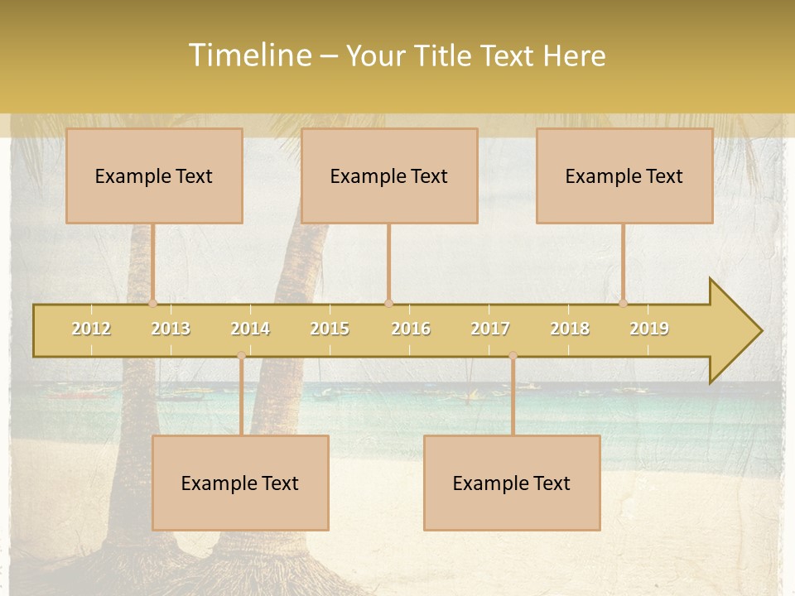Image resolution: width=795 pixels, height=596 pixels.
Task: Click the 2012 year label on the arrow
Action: (x=91, y=329)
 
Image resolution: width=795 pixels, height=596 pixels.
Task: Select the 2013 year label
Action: (x=171, y=329)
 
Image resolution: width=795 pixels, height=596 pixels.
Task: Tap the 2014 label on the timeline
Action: (x=250, y=329)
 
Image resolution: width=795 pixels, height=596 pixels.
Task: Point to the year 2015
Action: (x=330, y=329)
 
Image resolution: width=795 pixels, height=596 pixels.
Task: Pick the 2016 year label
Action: (x=411, y=329)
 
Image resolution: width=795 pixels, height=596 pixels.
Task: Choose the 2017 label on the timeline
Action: (x=490, y=329)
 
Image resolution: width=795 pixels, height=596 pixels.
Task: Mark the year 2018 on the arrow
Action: (x=570, y=329)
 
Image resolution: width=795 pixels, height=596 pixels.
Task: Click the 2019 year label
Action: (x=649, y=329)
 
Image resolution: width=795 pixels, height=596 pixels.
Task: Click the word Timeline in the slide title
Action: (x=249, y=55)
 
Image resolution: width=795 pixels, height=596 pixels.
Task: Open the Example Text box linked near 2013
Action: (x=154, y=175)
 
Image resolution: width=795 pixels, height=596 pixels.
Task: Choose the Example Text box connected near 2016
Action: (x=389, y=175)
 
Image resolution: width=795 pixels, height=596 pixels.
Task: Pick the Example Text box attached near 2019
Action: (x=624, y=175)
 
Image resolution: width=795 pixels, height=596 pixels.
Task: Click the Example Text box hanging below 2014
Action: (x=240, y=483)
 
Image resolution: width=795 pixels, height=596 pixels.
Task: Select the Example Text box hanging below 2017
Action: (x=512, y=483)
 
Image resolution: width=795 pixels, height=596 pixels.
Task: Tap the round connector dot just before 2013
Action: (x=153, y=303)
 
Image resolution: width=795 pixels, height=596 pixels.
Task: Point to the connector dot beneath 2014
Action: (x=241, y=355)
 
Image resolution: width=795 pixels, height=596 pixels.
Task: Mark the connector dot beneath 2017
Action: (x=513, y=355)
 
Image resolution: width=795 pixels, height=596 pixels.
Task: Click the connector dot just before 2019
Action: (x=624, y=303)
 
